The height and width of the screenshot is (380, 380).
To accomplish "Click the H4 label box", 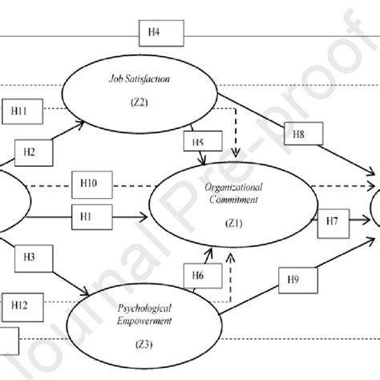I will coord(156,32).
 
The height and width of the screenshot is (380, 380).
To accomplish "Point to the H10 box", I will coord(91,184).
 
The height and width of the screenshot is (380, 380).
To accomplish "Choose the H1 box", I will coord(91,215).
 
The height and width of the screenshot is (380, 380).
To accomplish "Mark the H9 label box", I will coord(295,280).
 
